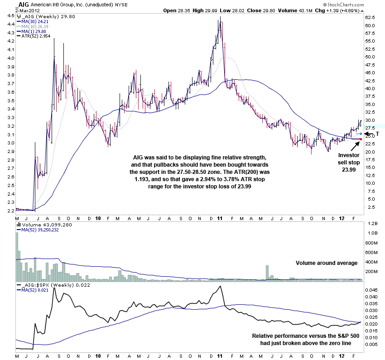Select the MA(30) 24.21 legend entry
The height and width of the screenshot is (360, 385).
[x=33, y=21]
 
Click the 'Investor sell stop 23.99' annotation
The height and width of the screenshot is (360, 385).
[x=349, y=162]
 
